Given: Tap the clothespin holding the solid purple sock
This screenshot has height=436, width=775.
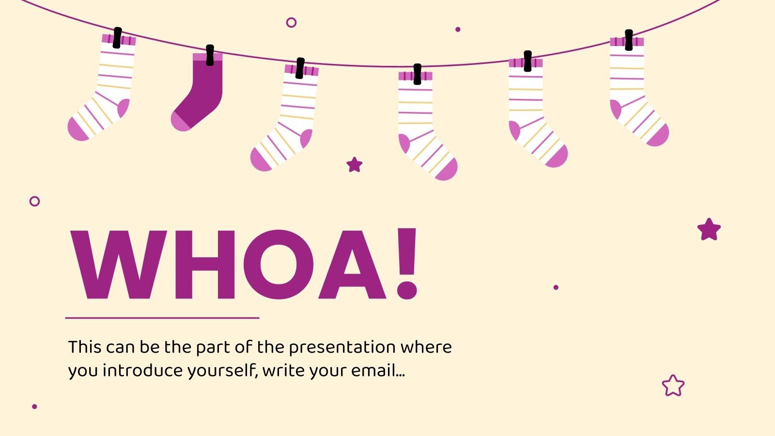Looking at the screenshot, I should tap(210, 55).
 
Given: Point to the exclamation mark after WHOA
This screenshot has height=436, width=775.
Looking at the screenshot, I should tap(406, 265).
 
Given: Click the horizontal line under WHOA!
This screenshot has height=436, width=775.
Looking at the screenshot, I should tap(162, 318).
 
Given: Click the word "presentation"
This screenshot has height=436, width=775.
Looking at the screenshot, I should tap(336, 347).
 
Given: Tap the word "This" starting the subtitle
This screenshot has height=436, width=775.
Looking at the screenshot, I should tap(84, 347).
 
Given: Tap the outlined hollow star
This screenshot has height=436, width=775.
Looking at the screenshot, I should tap(673, 386).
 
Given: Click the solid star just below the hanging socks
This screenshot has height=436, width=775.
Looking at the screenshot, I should tap(355, 165).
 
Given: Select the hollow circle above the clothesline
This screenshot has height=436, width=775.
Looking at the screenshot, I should tap(291, 22).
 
